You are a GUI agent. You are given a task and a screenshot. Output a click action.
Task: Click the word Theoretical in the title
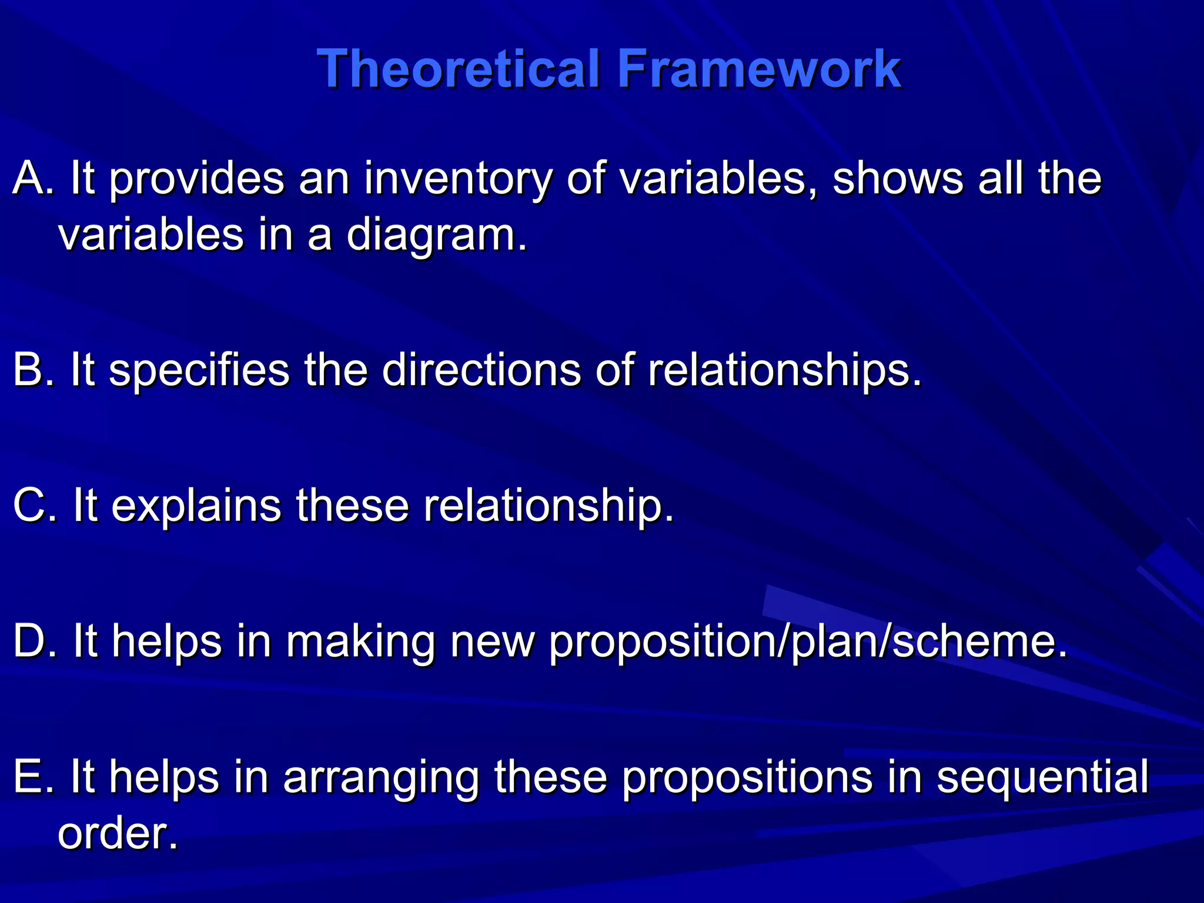coord(459,69)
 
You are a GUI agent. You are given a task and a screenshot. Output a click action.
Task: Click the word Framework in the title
coord(758,69)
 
